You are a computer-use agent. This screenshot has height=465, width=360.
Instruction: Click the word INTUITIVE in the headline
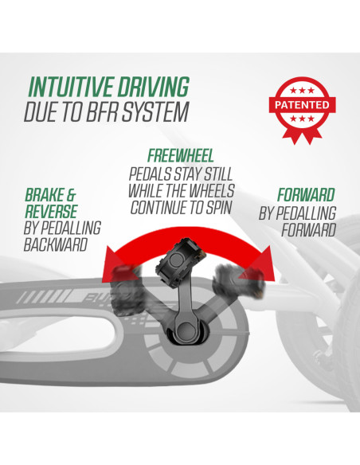point(71,86)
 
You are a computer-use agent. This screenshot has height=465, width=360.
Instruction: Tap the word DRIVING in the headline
point(154,86)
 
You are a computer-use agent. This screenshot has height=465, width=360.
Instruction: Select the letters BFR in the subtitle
point(103,111)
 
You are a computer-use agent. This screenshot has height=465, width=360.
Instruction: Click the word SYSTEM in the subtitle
point(155,111)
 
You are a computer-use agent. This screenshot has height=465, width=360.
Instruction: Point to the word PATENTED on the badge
point(302,105)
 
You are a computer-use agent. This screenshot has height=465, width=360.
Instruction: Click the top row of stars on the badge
point(302,91)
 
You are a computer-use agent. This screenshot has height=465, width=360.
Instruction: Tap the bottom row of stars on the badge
point(302,119)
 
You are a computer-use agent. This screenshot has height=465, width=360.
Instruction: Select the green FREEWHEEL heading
point(181,156)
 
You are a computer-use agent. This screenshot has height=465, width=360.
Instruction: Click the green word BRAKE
point(45,195)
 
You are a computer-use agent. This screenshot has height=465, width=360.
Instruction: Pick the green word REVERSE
point(51,212)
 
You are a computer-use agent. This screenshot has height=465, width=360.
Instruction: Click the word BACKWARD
point(56,244)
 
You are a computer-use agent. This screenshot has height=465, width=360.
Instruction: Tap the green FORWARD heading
point(306,195)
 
